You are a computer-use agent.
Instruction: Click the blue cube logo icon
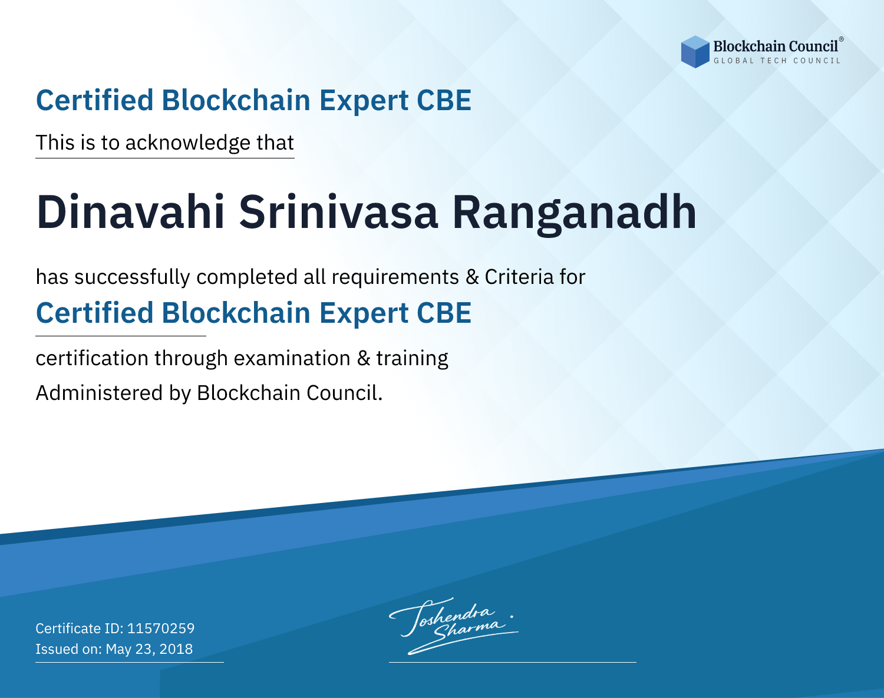tap(695, 52)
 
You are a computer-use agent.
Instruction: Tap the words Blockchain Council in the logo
tap(776, 47)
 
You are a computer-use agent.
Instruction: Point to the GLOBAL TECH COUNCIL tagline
tap(777, 61)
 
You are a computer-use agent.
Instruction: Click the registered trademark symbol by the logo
tap(841, 39)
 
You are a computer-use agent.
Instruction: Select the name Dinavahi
tap(131, 212)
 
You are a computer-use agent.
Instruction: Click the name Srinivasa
tap(338, 212)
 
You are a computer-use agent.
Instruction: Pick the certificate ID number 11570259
tap(161, 628)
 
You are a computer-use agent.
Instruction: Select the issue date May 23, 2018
tap(149, 649)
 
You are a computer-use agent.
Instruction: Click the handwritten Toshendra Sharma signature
tap(453, 626)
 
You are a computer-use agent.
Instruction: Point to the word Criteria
tap(519, 277)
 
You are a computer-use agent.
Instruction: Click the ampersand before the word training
tap(363, 358)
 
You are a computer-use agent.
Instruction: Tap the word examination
tap(292, 358)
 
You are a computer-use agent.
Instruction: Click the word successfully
tap(132, 277)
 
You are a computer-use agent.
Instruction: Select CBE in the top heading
tap(444, 100)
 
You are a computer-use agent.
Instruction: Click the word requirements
tap(395, 277)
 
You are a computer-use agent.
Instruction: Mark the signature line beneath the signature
tap(512, 662)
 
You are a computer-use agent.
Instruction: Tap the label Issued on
tap(68, 649)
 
